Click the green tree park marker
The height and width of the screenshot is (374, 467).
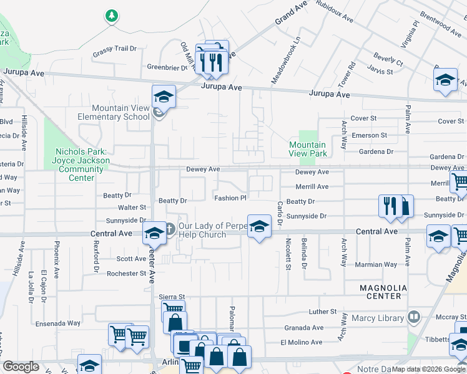click(112, 16)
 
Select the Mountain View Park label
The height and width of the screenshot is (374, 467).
click(308, 149)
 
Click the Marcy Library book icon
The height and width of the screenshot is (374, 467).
click(412, 318)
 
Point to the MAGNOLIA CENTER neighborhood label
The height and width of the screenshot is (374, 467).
click(383, 292)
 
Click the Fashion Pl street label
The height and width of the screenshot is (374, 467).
click(230, 198)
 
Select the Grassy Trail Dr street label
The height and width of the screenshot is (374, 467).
click(114, 49)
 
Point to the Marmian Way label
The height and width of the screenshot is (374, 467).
click(376, 264)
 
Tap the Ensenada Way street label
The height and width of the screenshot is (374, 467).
click(58, 323)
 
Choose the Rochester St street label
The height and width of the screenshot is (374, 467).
click(126, 274)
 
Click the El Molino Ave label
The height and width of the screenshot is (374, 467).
click(301, 342)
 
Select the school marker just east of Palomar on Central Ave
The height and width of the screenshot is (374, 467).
click(259, 226)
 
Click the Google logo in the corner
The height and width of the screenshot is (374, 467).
click(21, 367)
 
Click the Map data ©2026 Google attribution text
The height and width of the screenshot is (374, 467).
click(428, 369)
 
